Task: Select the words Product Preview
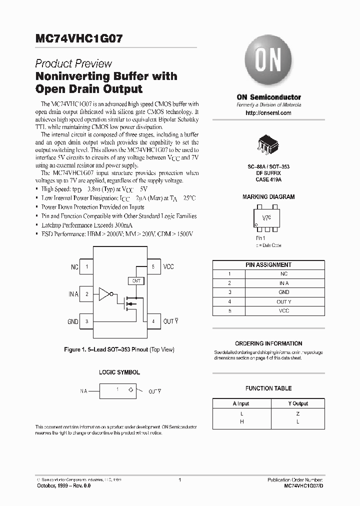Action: click(x=73, y=64)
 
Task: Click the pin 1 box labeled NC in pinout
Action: click(x=86, y=267)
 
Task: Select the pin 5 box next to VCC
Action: click(x=153, y=267)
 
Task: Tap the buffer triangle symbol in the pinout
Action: click(x=104, y=294)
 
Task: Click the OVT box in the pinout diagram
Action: click(x=136, y=281)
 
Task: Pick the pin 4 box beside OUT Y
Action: click(x=153, y=321)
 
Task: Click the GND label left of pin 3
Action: click(x=73, y=321)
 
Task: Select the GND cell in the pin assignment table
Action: click(x=283, y=292)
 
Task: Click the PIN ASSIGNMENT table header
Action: click(x=268, y=265)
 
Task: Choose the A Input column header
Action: click(x=241, y=403)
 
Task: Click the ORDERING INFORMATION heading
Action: click(x=268, y=343)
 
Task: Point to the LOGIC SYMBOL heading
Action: click(x=119, y=372)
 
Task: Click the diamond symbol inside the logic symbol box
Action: click(x=130, y=389)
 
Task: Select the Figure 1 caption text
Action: click(x=118, y=349)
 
